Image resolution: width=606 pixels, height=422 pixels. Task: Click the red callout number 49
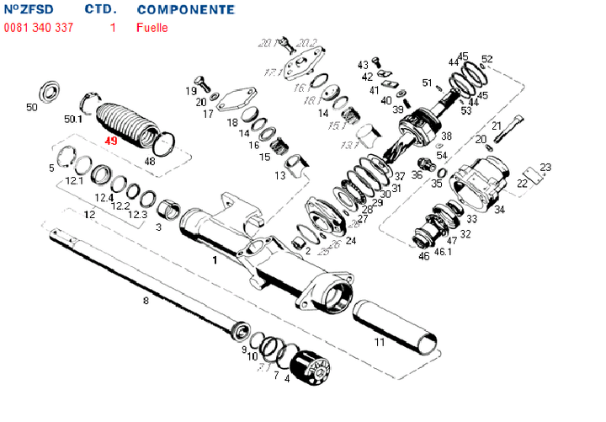(x=111, y=142)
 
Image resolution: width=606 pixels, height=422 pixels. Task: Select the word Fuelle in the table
(x=152, y=28)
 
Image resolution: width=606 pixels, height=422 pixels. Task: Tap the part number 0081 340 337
(x=38, y=28)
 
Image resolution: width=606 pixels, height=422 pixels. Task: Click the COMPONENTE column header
(x=185, y=10)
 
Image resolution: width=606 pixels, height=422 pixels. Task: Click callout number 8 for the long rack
(x=146, y=300)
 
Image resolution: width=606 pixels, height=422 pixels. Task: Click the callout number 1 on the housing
(x=215, y=261)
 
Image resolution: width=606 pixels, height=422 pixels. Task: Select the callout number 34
(x=499, y=209)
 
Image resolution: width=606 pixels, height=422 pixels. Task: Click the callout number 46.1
(x=444, y=252)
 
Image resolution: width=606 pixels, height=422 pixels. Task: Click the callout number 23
(x=545, y=167)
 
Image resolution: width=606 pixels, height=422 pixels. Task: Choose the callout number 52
(x=487, y=59)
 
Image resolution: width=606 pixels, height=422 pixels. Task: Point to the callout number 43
(x=363, y=64)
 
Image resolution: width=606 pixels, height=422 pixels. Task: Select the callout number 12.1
(x=74, y=180)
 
